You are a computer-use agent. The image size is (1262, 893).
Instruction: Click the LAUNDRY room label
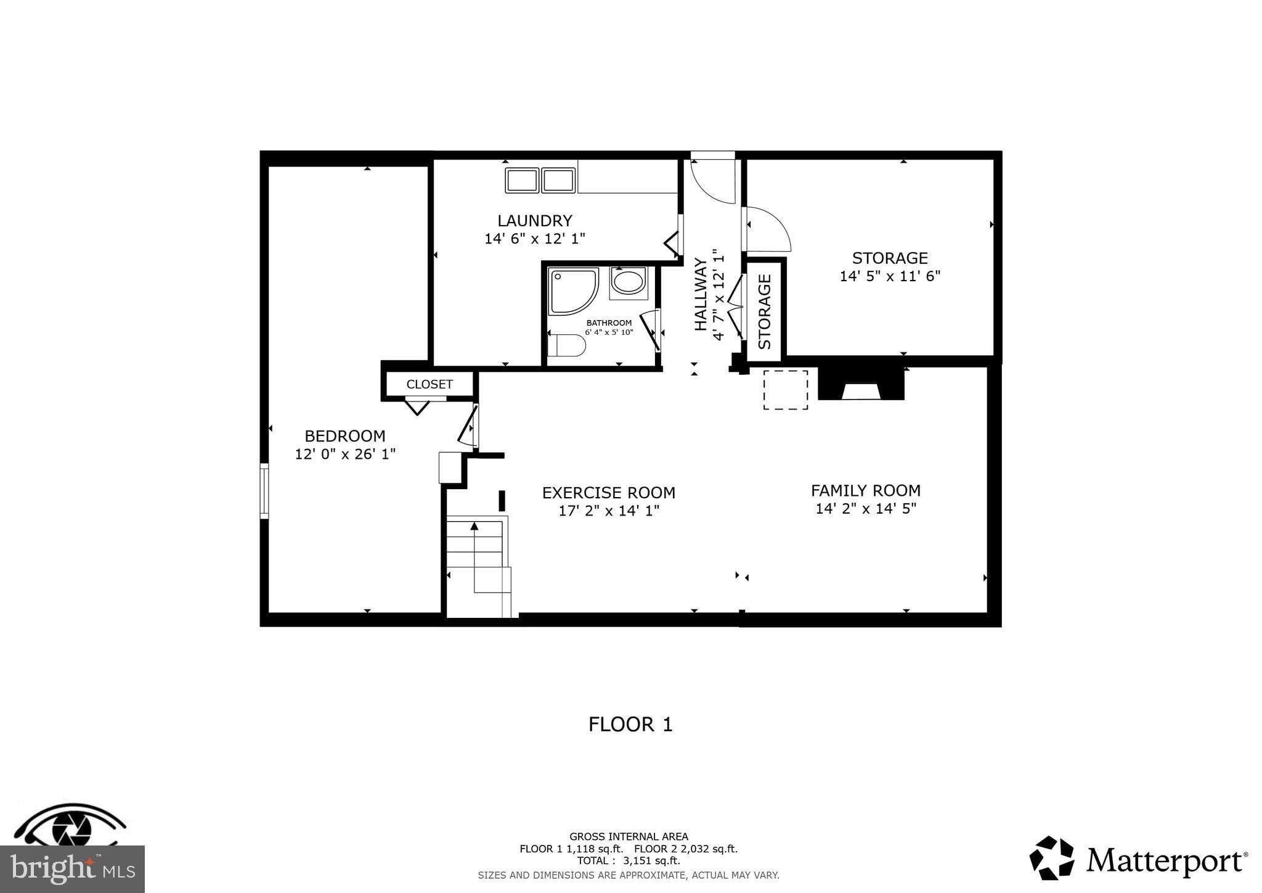click(x=534, y=221)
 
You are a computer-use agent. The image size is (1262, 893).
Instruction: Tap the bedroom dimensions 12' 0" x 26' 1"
click(x=345, y=455)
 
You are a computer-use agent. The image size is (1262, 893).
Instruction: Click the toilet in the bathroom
click(x=566, y=346)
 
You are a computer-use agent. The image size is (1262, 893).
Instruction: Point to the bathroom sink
click(x=628, y=282)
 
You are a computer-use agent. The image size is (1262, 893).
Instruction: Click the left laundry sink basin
click(x=521, y=180)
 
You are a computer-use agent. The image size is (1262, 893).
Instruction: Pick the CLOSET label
click(x=429, y=384)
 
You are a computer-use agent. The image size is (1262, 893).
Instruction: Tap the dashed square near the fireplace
click(x=786, y=390)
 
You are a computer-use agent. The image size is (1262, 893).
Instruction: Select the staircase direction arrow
click(x=474, y=526)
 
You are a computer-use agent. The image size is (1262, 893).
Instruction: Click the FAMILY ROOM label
click(x=865, y=491)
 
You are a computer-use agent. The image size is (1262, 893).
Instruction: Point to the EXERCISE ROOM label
click(x=608, y=493)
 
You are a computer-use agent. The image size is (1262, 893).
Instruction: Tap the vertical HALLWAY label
click(x=701, y=294)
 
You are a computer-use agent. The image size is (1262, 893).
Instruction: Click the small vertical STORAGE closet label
click(x=764, y=311)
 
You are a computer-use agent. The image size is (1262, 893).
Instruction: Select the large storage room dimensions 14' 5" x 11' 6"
click(x=889, y=276)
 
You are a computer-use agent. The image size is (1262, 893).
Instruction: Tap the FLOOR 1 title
click(x=630, y=724)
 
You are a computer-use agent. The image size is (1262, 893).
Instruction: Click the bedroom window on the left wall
click(x=264, y=491)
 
